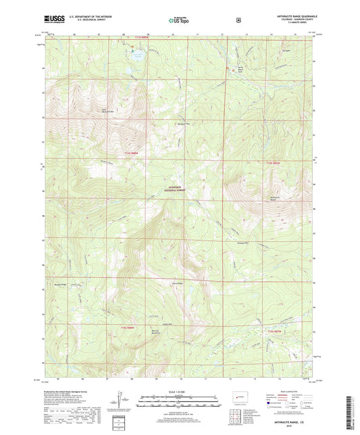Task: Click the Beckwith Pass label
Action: [x=181, y=124]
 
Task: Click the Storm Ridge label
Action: [x=179, y=282]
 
